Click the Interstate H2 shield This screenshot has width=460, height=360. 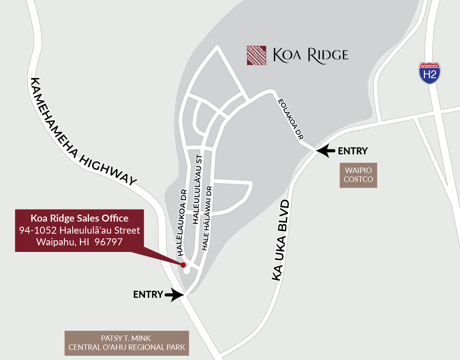[x=429, y=73]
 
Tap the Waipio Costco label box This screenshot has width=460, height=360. [x=358, y=175]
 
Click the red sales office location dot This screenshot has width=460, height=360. [x=183, y=265]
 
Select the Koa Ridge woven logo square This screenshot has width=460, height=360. [x=256, y=55]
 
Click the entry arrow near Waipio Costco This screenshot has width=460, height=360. [x=326, y=150]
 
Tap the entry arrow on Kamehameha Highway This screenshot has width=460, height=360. [x=174, y=295]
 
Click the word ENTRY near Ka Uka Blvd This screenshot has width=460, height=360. [x=353, y=151]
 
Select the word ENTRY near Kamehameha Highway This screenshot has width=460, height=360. [x=148, y=295]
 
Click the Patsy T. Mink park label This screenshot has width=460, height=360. [x=127, y=343]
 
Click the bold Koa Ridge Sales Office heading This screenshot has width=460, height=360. [x=80, y=218]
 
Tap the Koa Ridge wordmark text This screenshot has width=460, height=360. [x=311, y=55]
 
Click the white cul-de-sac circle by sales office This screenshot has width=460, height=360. [x=186, y=271]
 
